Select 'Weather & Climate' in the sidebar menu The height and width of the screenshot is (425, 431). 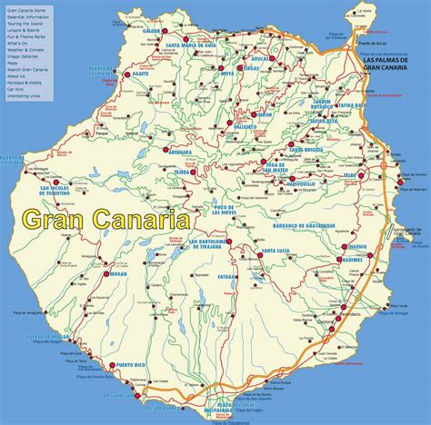25,49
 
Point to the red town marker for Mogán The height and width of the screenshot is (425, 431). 106,273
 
